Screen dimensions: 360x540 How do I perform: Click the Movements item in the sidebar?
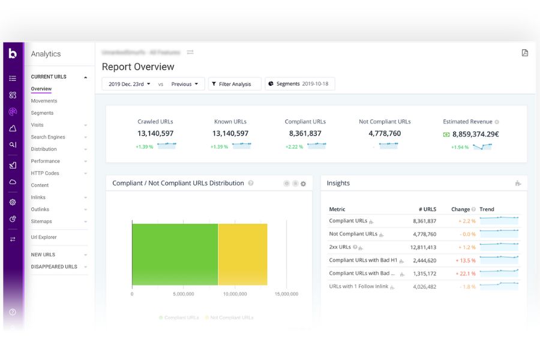tap(44, 101)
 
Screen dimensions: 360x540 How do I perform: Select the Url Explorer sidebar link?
tap(44, 237)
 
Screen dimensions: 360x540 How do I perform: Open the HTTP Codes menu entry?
tap(45, 173)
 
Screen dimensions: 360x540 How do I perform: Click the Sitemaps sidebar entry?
tap(42, 221)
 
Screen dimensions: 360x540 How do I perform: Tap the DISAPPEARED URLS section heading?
tap(54, 266)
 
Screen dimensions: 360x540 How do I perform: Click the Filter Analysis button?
tap(235, 84)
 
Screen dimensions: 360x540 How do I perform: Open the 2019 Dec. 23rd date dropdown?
tap(129, 84)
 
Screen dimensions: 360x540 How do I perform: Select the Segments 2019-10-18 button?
tap(300, 84)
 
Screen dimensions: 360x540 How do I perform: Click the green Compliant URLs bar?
tap(175, 254)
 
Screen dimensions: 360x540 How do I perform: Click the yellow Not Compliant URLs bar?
tap(242, 254)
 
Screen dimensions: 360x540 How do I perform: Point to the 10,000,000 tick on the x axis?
tap(235, 294)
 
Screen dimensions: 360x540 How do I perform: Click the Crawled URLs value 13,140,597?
tap(155, 133)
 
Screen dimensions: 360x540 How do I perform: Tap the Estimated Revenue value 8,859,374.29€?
tap(475, 134)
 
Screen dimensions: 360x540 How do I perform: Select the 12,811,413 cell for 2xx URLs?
tap(423, 247)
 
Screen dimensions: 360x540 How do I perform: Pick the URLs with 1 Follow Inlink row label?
tap(358, 287)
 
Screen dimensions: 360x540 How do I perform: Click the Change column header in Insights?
tap(460, 209)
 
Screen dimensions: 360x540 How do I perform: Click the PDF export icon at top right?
tap(524, 53)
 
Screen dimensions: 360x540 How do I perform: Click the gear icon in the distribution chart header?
tap(303, 184)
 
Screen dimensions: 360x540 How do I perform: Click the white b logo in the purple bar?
tap(13, 53)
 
